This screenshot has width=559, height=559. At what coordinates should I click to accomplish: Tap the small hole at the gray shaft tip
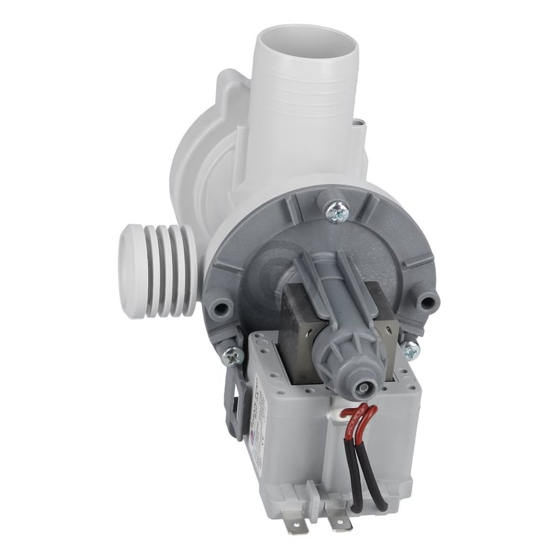tap(363, 388)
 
